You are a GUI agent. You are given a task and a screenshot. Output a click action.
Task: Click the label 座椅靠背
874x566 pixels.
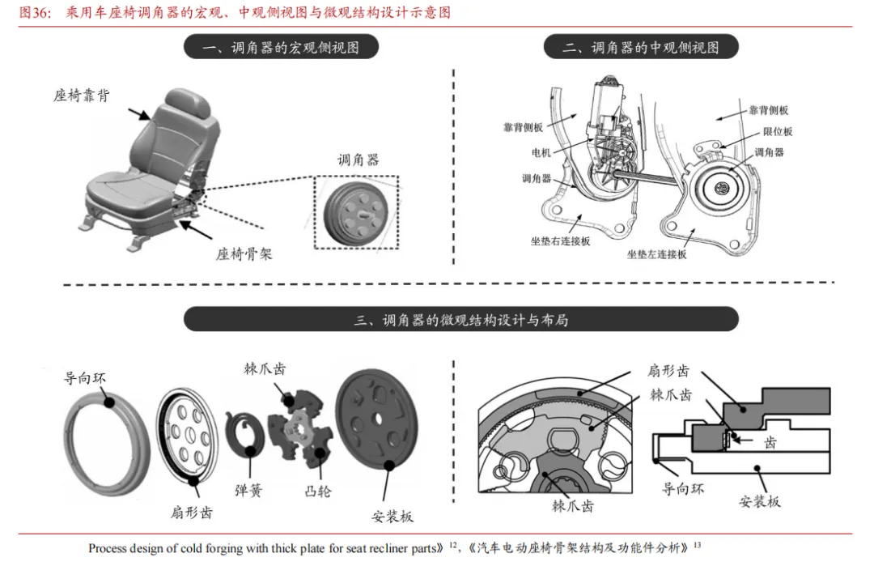tap(82, 96)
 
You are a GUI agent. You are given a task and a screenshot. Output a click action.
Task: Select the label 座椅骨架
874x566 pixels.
tap(244, 253)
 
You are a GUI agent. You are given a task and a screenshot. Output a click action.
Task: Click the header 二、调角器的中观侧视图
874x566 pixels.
tap(641, 48)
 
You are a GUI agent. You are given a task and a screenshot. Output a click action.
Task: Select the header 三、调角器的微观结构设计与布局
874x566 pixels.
tap(460, 319)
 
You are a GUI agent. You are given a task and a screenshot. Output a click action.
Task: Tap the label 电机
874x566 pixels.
tap(541, 152)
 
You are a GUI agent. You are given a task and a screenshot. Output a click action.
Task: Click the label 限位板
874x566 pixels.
tap(777, 131)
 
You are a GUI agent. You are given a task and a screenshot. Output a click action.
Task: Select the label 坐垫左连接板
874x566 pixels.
tap(656, 254)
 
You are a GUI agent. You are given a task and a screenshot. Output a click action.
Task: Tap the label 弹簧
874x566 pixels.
tap(248, 490)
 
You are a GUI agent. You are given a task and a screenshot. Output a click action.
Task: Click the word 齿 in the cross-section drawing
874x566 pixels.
tap(770, 443)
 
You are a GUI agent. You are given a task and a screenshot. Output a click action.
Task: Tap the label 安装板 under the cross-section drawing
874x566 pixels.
tap(759, 501)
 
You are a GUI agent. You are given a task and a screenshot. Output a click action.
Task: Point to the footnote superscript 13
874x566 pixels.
tap(698, 543)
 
